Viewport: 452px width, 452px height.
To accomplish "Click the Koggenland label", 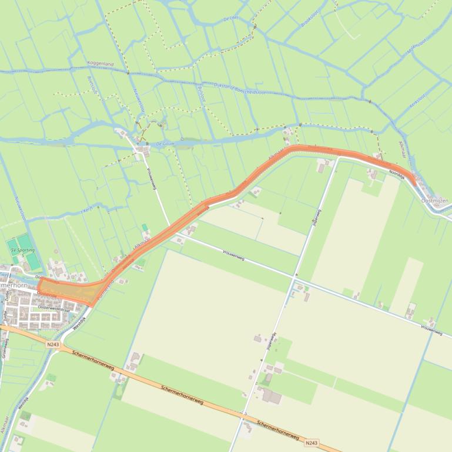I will pyautogui.click(x=100, y=63).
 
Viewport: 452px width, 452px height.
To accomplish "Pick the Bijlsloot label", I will pyautogui.click(x=202, y=93).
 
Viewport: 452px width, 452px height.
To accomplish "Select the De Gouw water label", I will pyautogui.click(x=166, y=143).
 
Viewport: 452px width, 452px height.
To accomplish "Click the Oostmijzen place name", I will pyautogui.click(x=435, y=201).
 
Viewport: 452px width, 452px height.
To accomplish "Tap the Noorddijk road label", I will pyautogui.click(x=397, y=173).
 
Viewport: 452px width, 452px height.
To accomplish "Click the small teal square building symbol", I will pyautogui.click(x=145, y=227).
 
